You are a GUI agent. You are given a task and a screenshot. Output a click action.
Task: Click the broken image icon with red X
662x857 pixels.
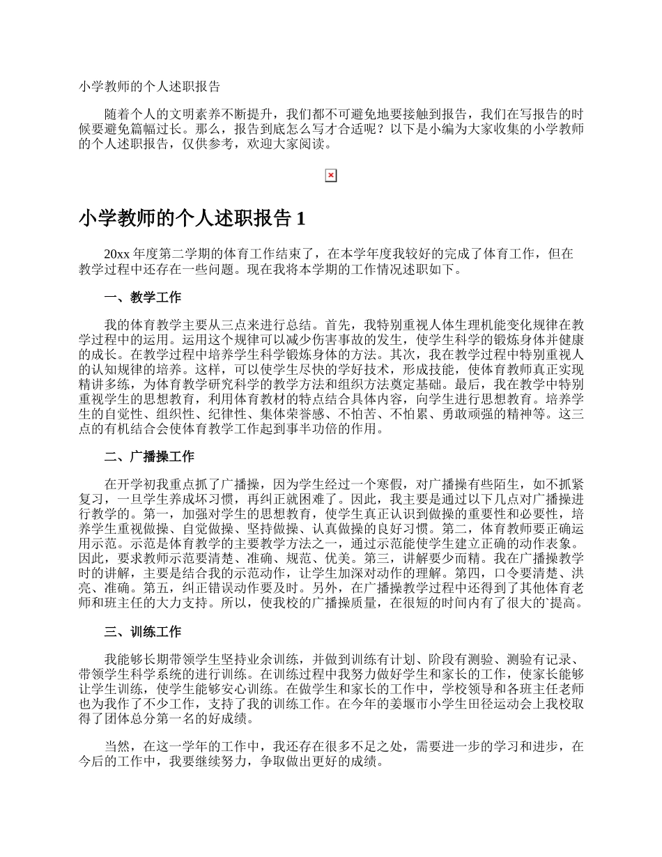click(331, 176)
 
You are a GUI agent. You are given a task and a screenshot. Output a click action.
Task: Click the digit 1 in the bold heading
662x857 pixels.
click(300, 219)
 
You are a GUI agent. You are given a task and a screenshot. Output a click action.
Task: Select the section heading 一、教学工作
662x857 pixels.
click(142, 298)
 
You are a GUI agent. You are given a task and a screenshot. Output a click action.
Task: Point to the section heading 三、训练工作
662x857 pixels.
click(142, 632)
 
